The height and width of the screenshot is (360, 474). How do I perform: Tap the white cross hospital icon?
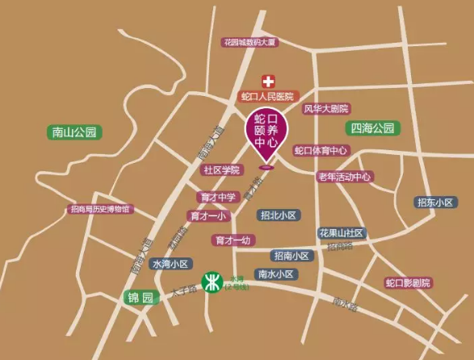266,81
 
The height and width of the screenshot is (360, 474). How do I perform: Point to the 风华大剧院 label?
326,108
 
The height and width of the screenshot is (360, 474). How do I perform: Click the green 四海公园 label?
372,128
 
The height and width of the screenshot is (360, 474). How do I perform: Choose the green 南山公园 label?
73,132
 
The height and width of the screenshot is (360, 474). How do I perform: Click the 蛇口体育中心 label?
321,150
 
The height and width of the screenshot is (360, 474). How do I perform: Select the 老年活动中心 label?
345,176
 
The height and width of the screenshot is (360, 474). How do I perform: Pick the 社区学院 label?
222,170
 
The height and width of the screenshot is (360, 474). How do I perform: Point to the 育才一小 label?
209,216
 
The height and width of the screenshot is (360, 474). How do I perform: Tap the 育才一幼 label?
234,240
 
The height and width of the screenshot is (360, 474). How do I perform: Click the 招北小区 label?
279,216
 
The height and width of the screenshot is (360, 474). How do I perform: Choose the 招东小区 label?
435,202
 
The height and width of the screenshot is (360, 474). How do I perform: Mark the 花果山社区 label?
342,232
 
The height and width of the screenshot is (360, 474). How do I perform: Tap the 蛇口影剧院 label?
408,283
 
